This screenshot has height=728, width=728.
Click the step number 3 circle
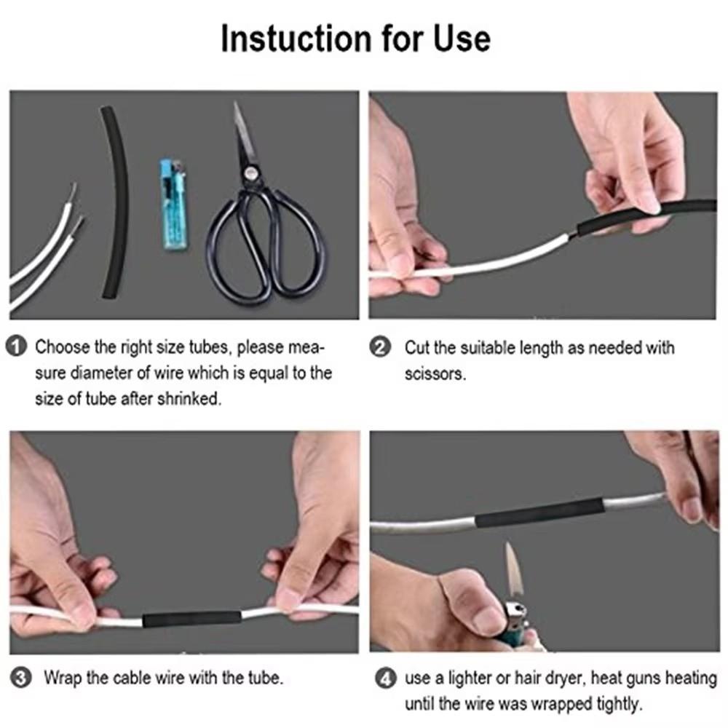tap(22, 678)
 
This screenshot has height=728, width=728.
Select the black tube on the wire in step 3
tap(191, 620)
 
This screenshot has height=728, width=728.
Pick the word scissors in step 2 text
tap(434, 374)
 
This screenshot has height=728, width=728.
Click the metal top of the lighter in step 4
tap(515, 610)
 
